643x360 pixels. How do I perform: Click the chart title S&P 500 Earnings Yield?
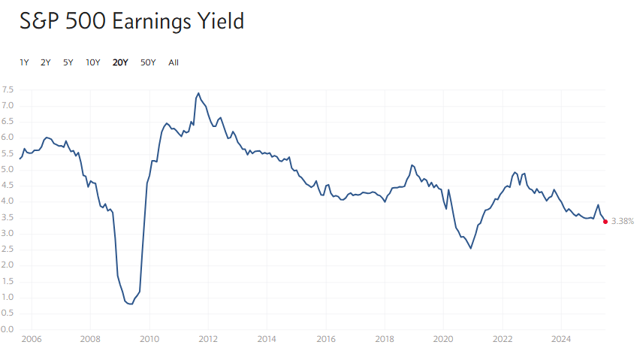[132, 21]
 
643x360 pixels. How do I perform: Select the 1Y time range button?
[24, 62]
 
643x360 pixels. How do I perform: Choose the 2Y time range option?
[46, 62]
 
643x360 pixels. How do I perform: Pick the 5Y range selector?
[68, 62]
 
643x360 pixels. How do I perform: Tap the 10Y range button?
[93, 62]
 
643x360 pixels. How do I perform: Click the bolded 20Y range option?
[120, 62]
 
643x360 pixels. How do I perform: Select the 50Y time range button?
[148, 62]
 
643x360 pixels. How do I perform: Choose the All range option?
[174, 62]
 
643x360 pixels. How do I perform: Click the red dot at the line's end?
[605, 221]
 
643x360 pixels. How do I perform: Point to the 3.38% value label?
[623, 222]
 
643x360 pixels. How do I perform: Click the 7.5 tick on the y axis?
[8, 89]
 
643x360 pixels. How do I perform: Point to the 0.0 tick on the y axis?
[8, 329]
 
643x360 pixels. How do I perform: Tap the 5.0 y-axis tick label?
[8, 169]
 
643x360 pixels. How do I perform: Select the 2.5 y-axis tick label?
[8, 250]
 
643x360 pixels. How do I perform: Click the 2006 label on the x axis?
[31, 340]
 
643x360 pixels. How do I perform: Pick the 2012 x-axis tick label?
[208, 340]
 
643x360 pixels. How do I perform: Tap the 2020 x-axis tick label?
[443, 340]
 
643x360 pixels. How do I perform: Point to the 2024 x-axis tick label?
[560, 340]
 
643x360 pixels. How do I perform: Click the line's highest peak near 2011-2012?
[198, 93]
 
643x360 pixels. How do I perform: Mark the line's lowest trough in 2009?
[131, 304]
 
